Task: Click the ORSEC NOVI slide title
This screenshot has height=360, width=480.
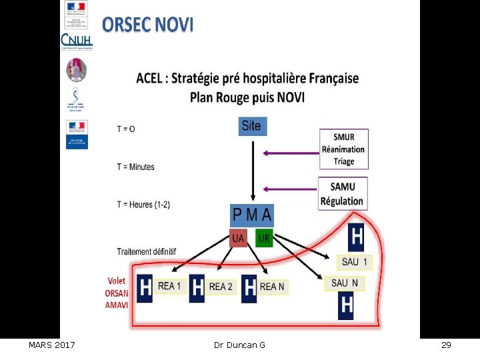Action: point(148,25)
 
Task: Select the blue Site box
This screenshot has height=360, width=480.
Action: point(251,126)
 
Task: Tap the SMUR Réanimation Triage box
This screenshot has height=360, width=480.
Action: point(343,149)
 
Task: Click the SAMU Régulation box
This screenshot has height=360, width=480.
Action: point(343,194)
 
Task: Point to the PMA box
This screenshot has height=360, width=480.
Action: point(251,215)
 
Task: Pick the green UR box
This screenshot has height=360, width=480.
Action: point(263,238)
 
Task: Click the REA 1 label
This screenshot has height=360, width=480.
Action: point(169,286)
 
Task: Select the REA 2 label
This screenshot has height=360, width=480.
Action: point(221,287)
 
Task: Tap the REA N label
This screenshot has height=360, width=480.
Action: point(272,287)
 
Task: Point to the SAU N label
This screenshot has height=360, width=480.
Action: point(345,283)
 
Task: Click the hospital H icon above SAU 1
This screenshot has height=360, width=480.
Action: point(356,237)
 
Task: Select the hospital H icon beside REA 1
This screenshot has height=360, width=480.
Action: point(145,288)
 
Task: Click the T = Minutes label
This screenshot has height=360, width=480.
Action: point(135,167)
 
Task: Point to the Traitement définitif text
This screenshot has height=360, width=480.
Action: point(147,252)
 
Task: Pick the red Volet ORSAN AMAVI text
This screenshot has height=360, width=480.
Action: point(116,293)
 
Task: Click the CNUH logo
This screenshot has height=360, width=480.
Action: point(77,42)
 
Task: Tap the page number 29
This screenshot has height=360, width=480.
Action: point(446,345)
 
